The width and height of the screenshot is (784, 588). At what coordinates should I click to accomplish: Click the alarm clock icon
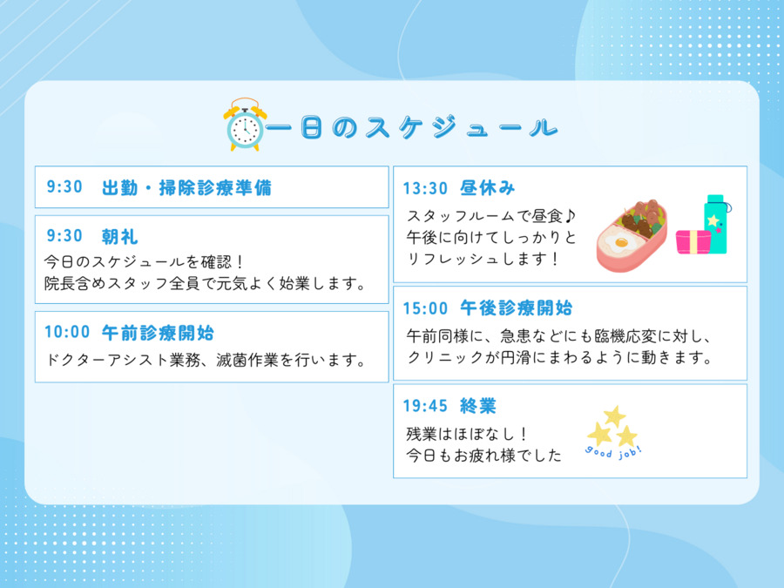pos(245,125)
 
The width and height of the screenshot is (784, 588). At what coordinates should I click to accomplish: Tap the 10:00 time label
pos(67,332)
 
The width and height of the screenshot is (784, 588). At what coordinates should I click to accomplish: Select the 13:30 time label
pos(425,188)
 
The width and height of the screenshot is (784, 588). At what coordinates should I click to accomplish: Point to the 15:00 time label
pos(425,308)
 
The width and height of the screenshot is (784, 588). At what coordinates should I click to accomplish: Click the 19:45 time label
pos(425,406)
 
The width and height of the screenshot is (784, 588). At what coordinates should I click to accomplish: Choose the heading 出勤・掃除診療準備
pos(187,187)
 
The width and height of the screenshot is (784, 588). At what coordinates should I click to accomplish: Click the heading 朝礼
pos(120,236)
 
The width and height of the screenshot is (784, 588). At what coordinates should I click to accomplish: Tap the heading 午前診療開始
pos(158,333)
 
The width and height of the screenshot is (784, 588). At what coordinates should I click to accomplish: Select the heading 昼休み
pos(488,188)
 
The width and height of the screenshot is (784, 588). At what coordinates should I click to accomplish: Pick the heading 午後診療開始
pos(516,308)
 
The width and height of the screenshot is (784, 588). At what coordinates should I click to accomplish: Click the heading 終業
pos(478,406)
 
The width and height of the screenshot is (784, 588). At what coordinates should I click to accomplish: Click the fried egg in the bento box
pos(620,243)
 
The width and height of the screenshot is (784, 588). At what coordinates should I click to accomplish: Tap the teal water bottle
pos(716,223)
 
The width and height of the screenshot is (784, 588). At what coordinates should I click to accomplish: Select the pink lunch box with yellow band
pos(693,242)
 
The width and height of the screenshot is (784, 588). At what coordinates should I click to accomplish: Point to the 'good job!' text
pos(613,452)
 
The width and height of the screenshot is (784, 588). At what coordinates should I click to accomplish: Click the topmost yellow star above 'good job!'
pos(614,416)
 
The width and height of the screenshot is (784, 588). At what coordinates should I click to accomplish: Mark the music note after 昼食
pos(571,216)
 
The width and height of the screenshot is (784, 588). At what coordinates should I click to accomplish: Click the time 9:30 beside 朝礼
pos(64,235)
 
